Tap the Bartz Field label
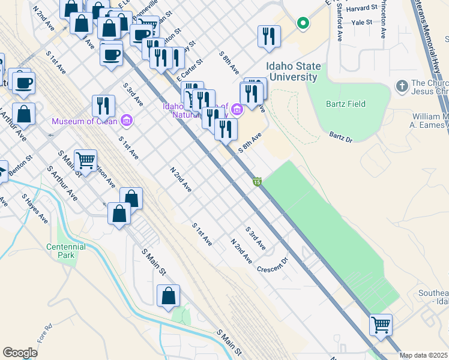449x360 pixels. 345,104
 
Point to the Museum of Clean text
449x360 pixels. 85,121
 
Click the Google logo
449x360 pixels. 20,352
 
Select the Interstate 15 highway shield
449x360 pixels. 257,182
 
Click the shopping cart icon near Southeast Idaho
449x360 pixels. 381,325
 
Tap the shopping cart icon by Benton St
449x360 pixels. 86,160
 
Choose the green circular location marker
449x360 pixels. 304,24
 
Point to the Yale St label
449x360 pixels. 363,22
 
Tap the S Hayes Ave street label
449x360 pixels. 35,208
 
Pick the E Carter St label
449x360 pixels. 190,70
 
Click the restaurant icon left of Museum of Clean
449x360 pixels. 103,106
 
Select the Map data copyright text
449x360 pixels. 424,355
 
